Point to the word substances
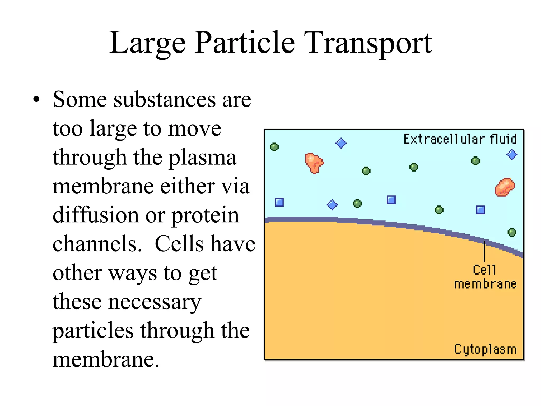(165, 100)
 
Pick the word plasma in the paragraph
(202, 158)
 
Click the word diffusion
(96, 215)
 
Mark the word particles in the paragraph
(93, 331)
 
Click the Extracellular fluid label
(460, 139)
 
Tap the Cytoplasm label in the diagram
(485, 349)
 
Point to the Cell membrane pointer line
(484, 251)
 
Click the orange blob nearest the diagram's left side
(314, 163)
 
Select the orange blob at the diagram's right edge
(505, 187)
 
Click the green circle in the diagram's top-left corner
(274, 147)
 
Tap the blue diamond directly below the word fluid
(512, 155)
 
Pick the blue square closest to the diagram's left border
(279, 202)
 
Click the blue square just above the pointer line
(480, 210)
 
